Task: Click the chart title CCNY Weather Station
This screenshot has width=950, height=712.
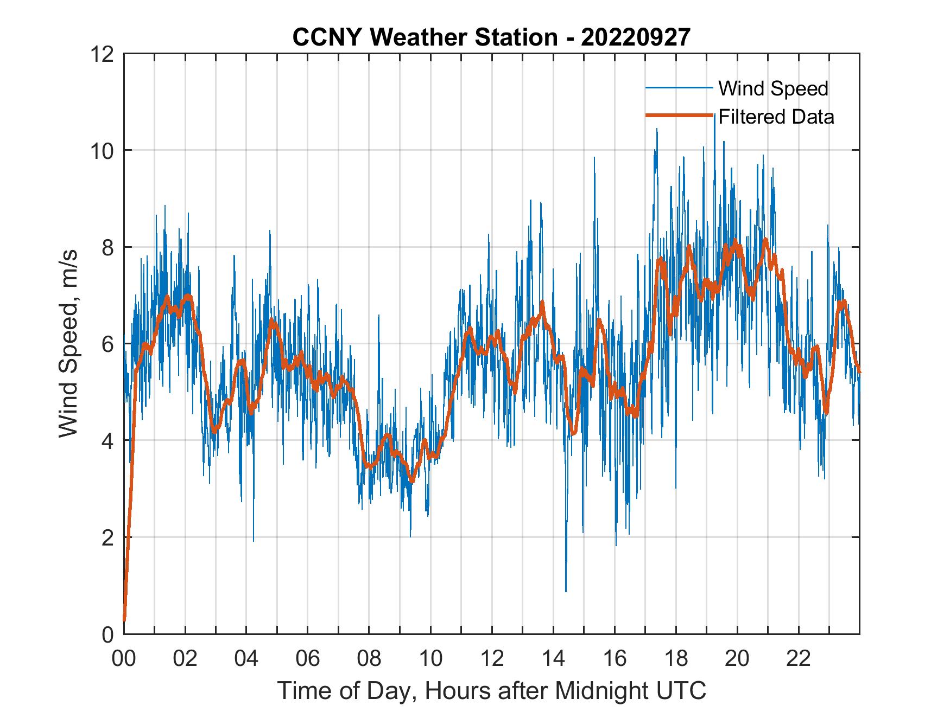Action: pyautogui.click(x=425, y=37)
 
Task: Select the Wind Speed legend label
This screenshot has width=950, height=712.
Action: pyautogui.click(x=773, y=88)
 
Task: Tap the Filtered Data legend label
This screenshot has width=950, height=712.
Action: pyautogui.click(x=776, y=117)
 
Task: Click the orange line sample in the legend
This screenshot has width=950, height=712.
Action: pyautogui.click(x=679, y=116)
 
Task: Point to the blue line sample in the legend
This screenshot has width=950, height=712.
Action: pyautogui.click(x=679, y=88)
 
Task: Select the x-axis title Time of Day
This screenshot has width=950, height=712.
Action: pyautogui.click(x=492, y=691)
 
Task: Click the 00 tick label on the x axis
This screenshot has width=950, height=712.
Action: pyautogui.click(x=124, y=659)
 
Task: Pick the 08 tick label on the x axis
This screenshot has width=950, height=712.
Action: pyautogui.click(x=369, y=659)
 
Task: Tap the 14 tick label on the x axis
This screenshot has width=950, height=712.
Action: pyautogui.click(x=553, y=659)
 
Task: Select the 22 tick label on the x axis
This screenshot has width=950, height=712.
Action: pyautogui.click(x=799, y=659)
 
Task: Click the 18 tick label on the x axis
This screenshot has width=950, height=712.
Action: pyautogui.click(x=676, y=659)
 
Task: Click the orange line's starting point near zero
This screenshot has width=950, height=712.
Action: pyautogui.click(x=124, y=619)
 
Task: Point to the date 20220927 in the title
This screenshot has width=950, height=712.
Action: pyautogui.click(x=636, y=37)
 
